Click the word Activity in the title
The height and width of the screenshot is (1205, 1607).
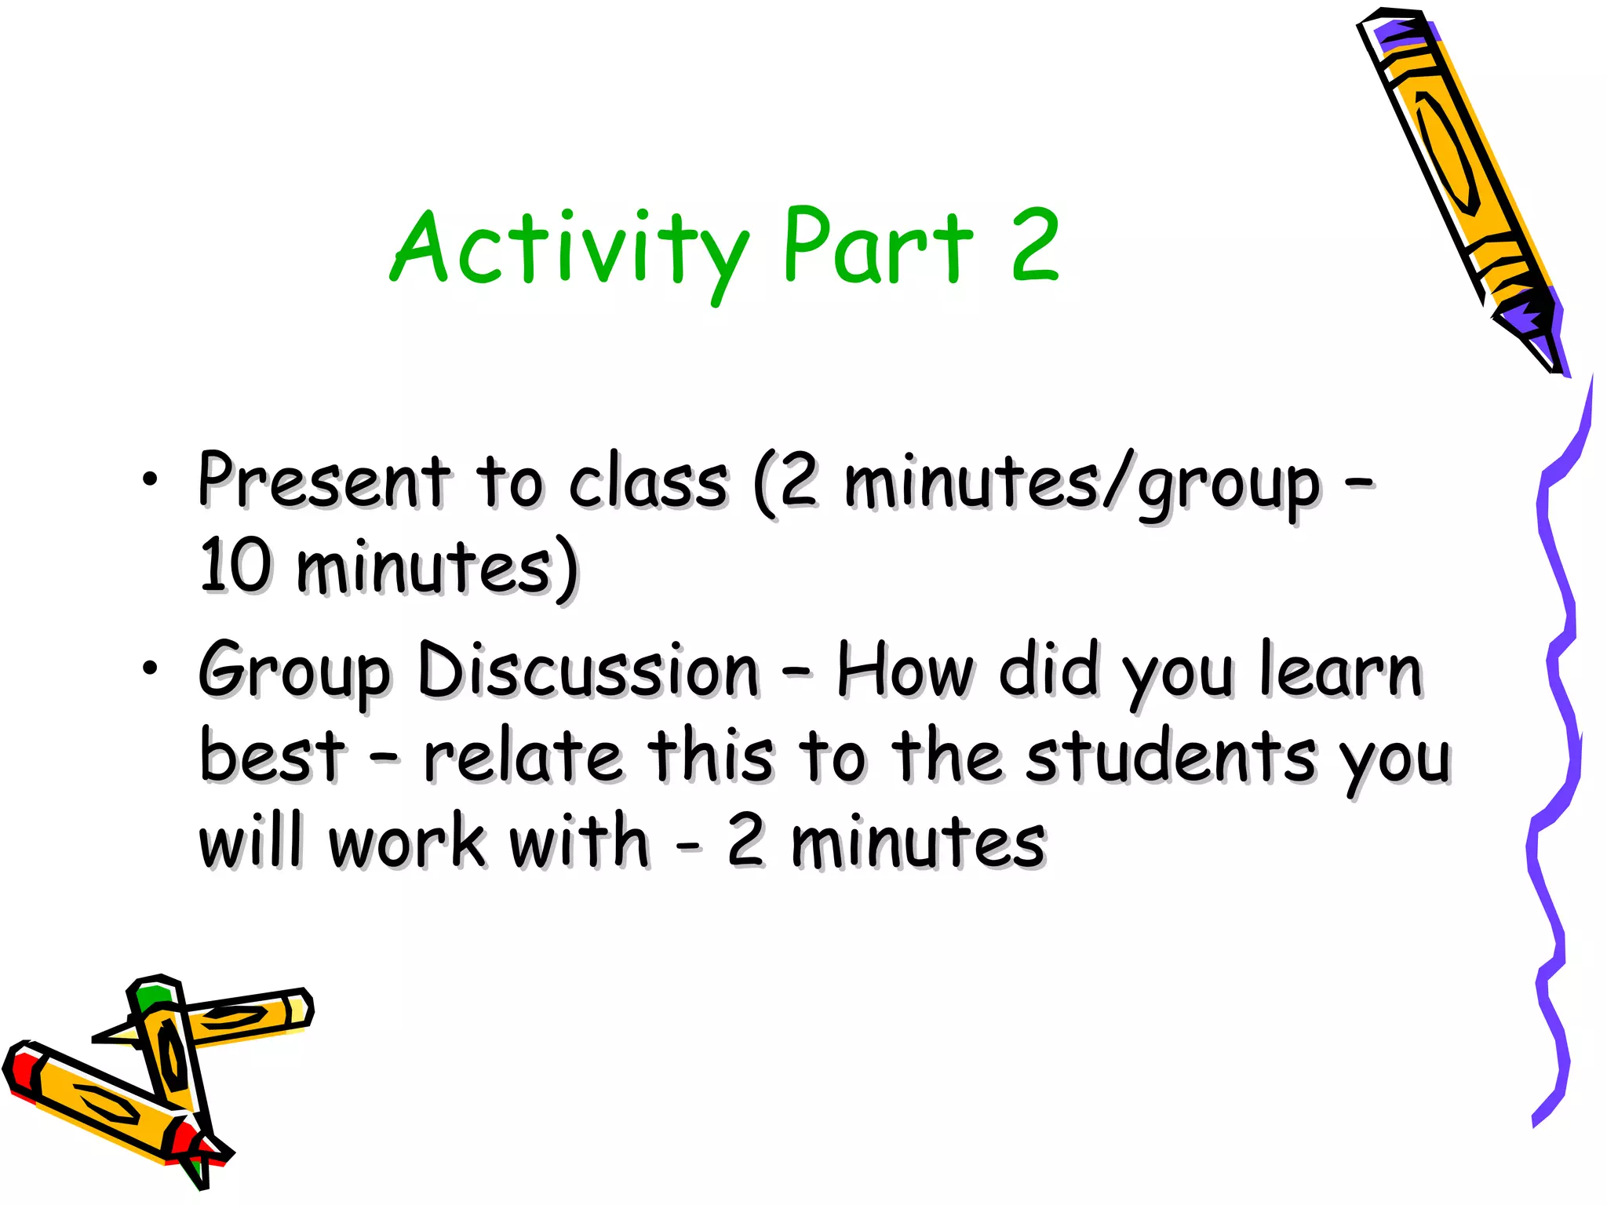point(569,249)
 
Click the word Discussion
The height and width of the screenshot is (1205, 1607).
point(589,671)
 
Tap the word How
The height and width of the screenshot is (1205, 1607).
point(905,671)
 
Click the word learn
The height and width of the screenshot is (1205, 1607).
point(1341,671)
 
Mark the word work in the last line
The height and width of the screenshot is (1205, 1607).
point(407,842)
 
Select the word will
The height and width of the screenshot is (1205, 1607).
point(250,842)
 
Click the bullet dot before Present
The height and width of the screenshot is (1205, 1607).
point(150,478)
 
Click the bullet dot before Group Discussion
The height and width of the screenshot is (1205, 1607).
point(150,668)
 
